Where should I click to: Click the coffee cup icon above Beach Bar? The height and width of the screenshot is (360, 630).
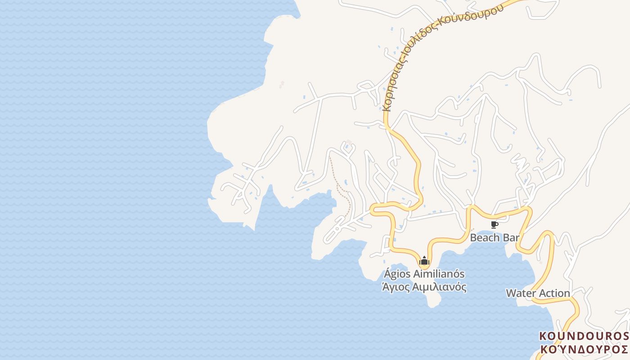pos(495,225)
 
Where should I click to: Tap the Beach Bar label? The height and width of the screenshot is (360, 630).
pos(495,237)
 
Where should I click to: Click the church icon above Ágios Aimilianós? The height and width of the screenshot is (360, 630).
pos(424,261)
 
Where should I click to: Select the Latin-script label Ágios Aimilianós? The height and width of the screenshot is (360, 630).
pos(424,274)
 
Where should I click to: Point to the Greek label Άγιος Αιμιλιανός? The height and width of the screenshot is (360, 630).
pos(424,287)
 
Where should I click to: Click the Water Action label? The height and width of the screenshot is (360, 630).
pos(538,293)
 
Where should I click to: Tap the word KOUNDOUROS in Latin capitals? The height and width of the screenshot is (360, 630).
pos(584,336)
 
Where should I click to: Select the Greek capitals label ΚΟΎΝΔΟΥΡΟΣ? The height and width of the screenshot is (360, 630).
pos(584,349)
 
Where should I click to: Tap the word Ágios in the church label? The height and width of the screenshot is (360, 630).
pos(396,274)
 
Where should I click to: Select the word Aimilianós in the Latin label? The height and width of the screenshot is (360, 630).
pos(437,274)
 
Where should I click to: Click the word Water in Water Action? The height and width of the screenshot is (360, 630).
pos(521,293)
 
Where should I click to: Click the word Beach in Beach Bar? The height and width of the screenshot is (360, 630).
pos(485,237)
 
